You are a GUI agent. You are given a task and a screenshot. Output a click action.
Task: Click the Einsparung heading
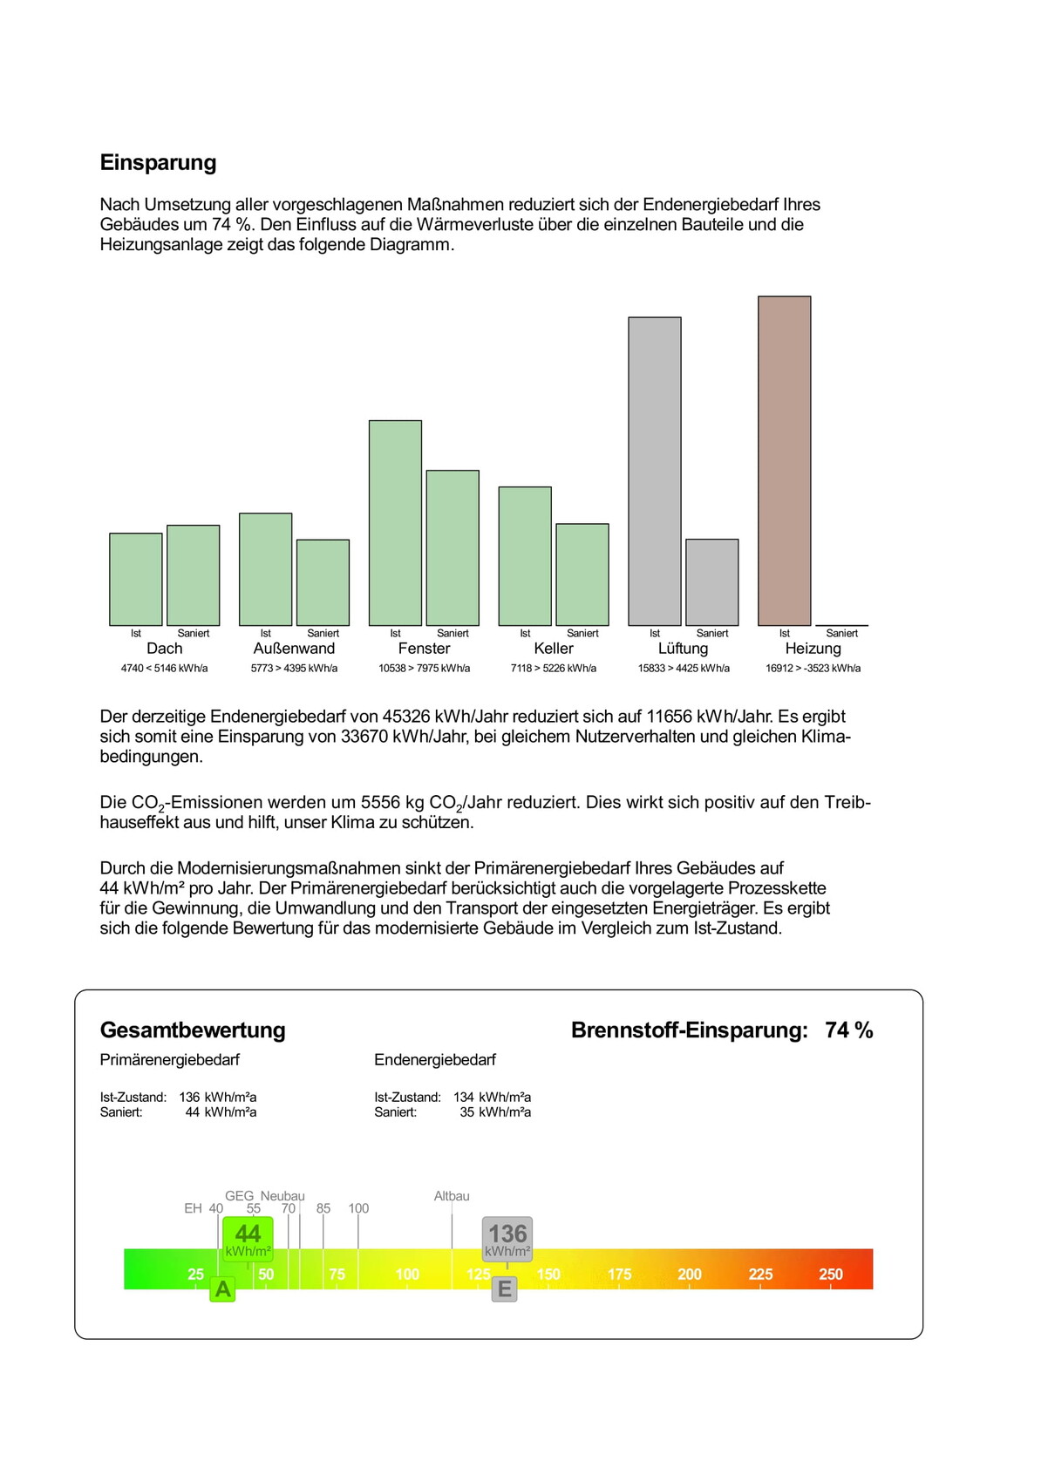point(158,163)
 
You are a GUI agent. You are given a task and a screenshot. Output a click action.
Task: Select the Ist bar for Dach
point(135,579)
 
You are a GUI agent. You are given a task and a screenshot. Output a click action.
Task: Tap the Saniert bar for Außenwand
point(323,582)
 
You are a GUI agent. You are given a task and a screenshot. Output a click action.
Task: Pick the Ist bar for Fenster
point(395,523)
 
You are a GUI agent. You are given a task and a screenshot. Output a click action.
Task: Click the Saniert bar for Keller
point(582,574)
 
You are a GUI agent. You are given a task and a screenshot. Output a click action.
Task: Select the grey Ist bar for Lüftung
point(655,471)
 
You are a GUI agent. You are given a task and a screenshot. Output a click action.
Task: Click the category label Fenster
point(424,649)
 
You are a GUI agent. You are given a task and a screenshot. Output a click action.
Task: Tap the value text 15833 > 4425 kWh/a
point(684,669)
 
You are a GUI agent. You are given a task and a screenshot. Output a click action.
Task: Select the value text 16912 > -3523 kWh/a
point(813,669)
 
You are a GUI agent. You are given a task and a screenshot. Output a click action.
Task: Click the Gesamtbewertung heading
point(193,1030)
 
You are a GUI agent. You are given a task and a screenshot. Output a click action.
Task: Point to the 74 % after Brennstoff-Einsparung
point(848,1030)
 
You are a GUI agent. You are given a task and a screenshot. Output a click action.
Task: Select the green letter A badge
point(223,1289)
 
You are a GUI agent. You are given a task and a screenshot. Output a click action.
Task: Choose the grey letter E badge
point(504,1289)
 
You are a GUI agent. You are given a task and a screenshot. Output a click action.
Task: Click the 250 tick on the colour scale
point(830,1275)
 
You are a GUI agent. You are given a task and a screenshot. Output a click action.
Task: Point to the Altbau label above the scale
point(452,1196)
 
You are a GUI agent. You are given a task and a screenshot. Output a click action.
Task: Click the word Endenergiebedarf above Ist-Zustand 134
point(434,1060)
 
